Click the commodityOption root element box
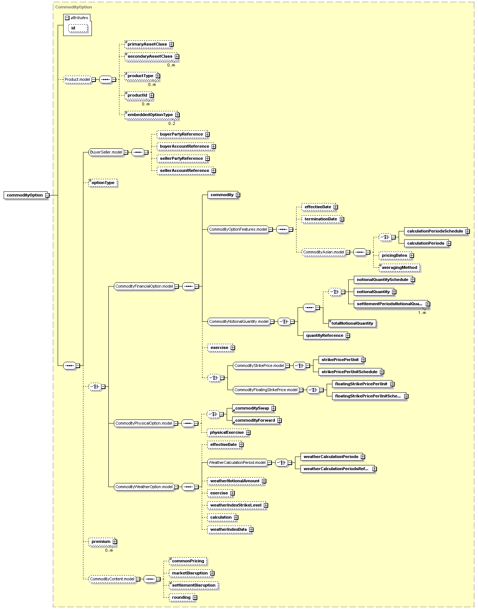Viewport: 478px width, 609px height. (x=25, y=195)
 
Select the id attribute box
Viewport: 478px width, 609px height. (x=78, y=28)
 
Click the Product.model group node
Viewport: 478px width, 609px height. (x=78, y=80)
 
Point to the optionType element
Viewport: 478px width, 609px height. (x=103, y=183)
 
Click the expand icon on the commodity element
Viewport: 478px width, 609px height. (x=238, y=195)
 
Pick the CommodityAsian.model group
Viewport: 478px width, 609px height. (x=324, y=252)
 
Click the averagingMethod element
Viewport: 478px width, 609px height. (x=399, y=268)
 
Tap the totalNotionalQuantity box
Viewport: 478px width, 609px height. (x=352, y=324)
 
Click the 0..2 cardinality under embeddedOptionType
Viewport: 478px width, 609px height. (x=172, y=123)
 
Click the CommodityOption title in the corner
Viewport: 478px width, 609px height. (x=73, y=7)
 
